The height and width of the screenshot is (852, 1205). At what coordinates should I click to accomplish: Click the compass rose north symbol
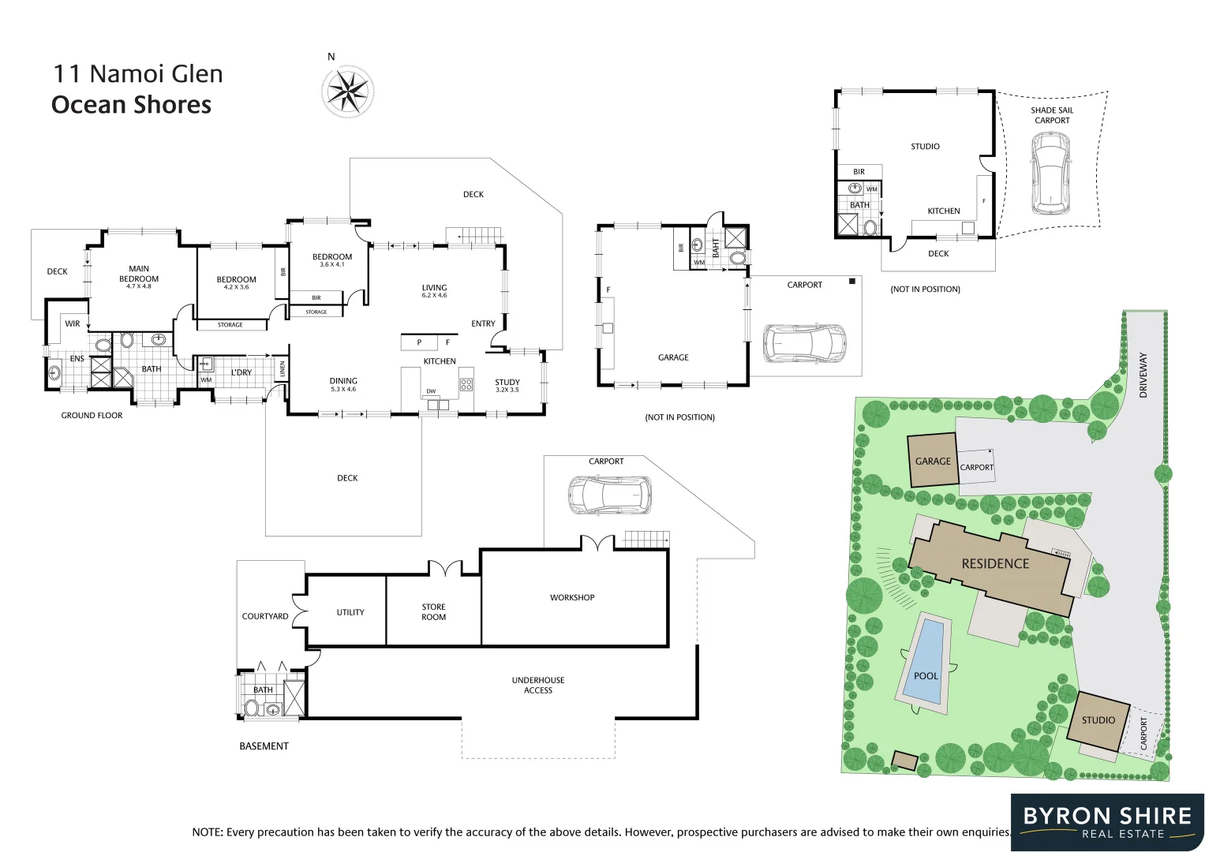click(347, 92)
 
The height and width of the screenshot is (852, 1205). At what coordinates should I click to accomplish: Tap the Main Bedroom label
click(139, 274)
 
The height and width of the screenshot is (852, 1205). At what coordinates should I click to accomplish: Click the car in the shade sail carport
click(1050, 173)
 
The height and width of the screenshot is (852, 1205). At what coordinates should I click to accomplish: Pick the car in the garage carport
click(804, 343)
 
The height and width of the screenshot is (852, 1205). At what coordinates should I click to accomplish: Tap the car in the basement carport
click(609, 495)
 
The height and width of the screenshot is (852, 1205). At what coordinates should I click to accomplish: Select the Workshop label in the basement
click(572, 597)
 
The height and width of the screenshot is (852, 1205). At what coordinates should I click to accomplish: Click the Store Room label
click(433, 612)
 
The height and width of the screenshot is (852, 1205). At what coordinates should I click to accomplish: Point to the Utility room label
click(350, 612)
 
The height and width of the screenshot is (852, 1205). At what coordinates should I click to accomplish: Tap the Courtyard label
click(265, 616)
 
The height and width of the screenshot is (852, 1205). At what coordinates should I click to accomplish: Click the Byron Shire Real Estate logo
click(1107, 822)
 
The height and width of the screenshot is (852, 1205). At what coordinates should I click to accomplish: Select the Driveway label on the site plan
click(1143, 375)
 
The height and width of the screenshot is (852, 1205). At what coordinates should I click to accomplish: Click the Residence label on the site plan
click(995, 563)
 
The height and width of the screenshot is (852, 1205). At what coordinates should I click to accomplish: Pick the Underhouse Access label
click(538, 685)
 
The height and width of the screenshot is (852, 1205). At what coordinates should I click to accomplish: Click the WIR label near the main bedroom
click(73, 323)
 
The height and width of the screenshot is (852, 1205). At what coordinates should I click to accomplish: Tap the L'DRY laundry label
click(241, 372)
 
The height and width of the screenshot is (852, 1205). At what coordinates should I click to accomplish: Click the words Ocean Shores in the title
click(132, 105)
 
